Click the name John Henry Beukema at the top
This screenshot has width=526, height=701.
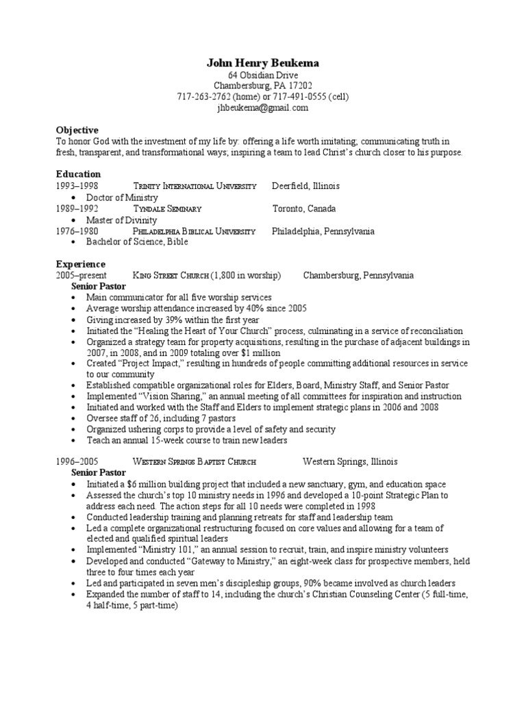click(x=263, y=63)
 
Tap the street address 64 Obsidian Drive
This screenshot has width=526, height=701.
click(x=263, y=75)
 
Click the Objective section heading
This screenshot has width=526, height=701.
click(x=77, y=130)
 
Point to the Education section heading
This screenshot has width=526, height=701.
click(x=78, y=175)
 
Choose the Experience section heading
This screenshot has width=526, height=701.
click(x=80, y=264)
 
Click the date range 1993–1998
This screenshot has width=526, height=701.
click(x=77, y=186)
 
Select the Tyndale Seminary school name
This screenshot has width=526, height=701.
click(x=167, y=209)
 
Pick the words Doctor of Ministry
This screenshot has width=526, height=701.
click(x=122, y=197)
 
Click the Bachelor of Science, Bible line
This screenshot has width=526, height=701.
click(x=136, y=242)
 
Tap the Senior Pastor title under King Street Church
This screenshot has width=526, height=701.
click(x=99, y=287)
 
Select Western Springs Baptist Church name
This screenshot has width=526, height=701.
click(x=195, y=462)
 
